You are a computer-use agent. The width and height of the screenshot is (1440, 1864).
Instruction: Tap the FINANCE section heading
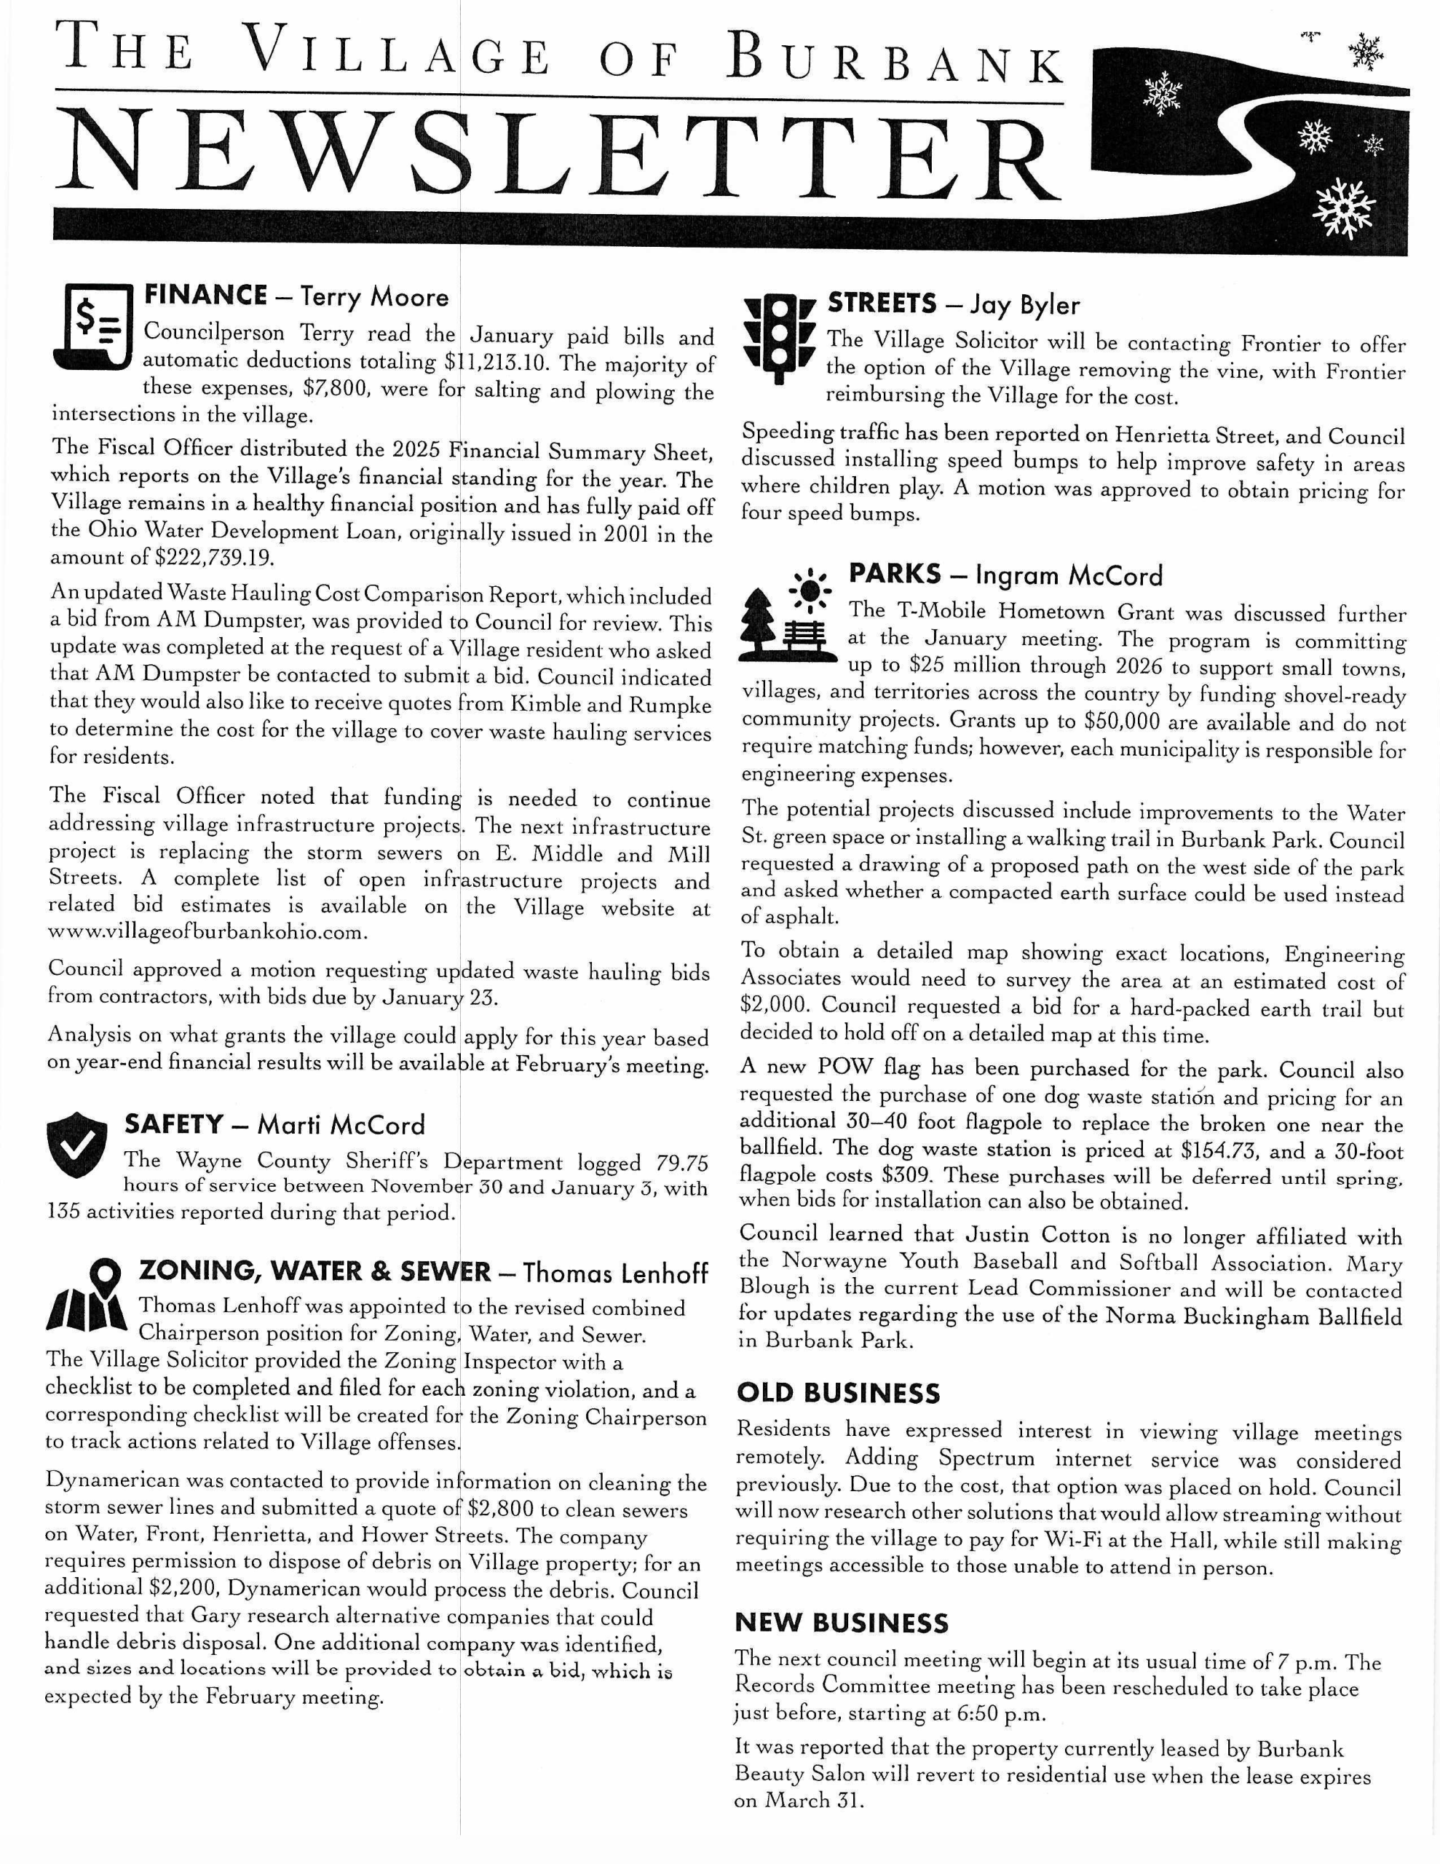(205, 296)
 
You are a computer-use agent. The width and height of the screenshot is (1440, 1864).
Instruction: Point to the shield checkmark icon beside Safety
(78, 1145)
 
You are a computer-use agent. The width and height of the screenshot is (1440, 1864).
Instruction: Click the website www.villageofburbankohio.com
(208, 933)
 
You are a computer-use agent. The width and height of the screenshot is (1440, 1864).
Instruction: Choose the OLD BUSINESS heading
(837, 1394)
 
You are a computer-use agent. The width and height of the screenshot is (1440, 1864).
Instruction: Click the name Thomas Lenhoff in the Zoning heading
(614, 1273)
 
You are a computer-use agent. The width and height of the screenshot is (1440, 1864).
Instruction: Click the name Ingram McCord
(1069, 575)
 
